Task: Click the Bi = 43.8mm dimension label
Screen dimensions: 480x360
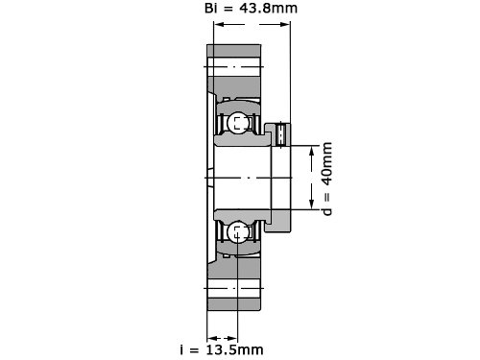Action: coord(251,8)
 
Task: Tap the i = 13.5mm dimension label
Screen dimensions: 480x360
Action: coord(222,349)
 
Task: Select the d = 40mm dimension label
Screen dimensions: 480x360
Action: coord(326,179)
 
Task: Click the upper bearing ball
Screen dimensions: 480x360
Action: coord(238,123)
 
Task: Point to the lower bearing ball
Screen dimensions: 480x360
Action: coord(238,232)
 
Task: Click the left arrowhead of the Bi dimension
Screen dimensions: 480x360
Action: coord(219,24)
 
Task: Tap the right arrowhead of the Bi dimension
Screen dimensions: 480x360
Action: coord(285,24)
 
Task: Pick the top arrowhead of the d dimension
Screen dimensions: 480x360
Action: coord(312,152)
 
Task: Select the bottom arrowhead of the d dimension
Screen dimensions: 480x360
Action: coord(312,204)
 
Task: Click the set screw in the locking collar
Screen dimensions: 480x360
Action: coord(280,134)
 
